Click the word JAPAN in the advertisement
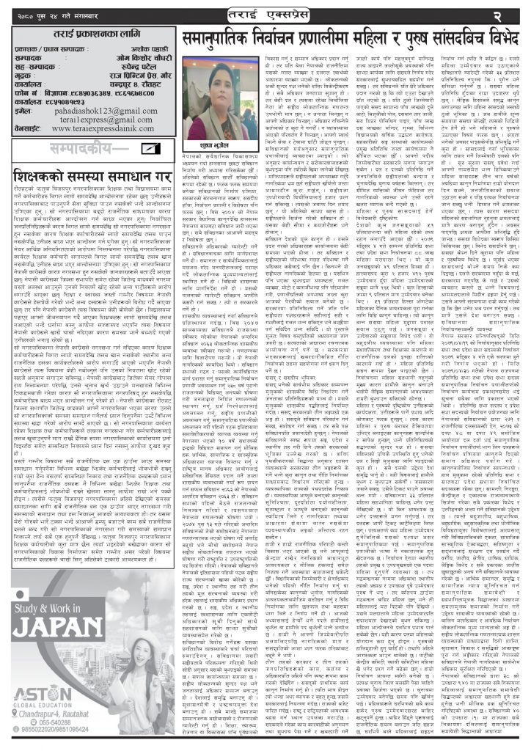pyautogui.click(x=58, y=647)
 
